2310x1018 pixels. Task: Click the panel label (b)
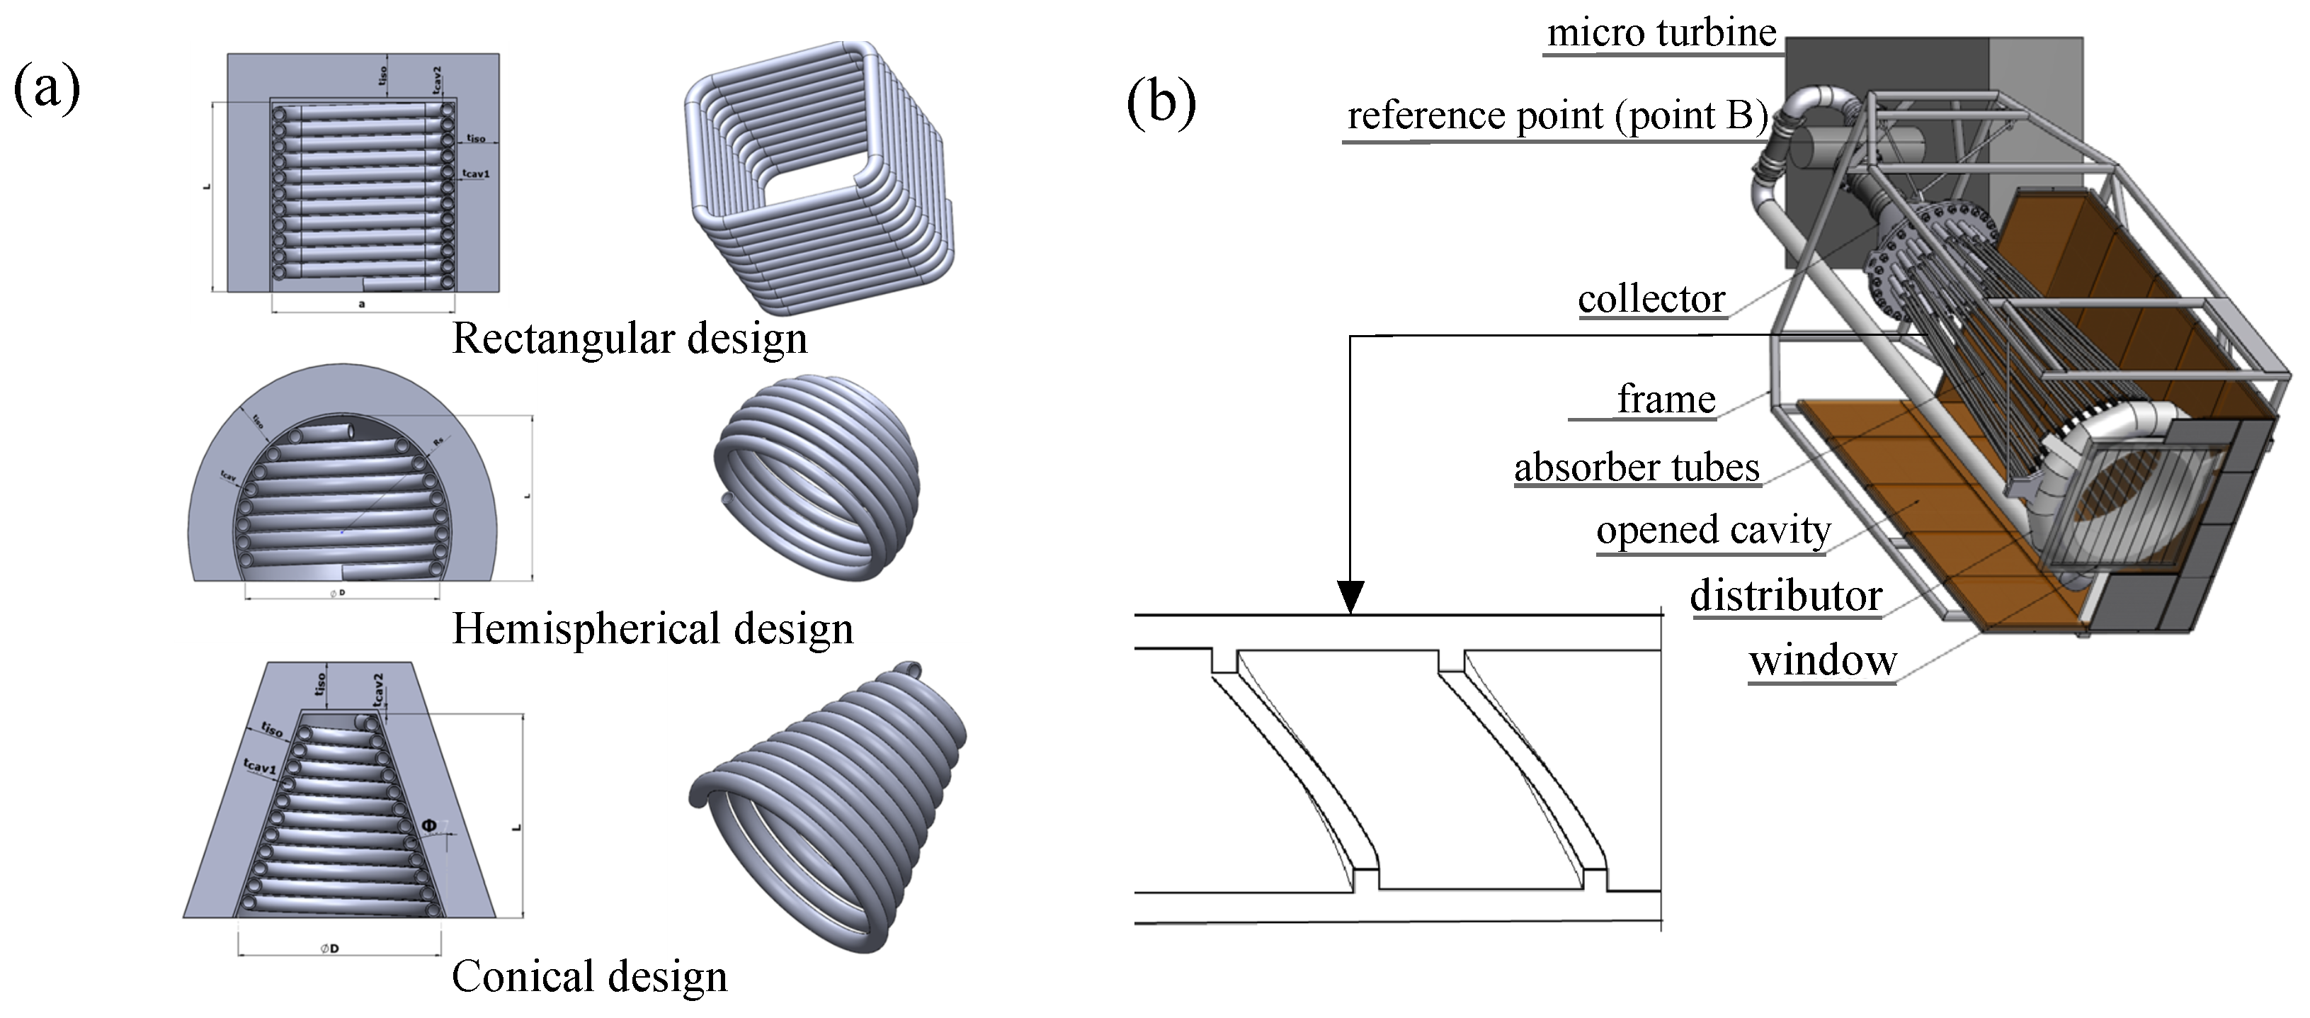1161,103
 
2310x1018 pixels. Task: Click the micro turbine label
1661,33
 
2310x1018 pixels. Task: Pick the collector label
1651,299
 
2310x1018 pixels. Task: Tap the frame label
1666,399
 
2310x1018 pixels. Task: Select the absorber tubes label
1637,468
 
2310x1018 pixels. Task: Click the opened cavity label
1713,530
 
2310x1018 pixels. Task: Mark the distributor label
1785,596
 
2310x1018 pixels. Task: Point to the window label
1822,662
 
